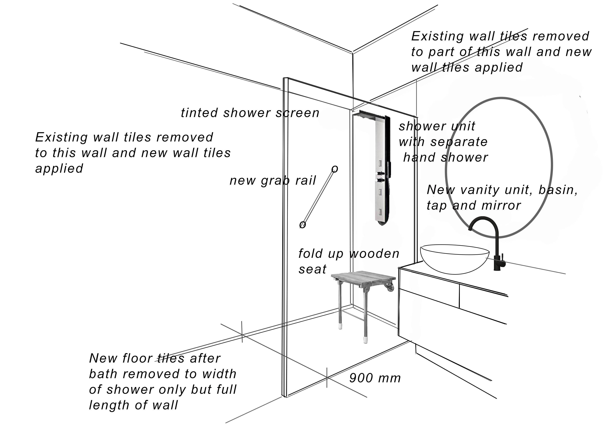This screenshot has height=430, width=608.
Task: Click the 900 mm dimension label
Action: click(375, 378)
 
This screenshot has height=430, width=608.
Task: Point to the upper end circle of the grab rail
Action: click(335, 169)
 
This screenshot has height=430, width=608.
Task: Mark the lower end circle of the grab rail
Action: click(302, 225)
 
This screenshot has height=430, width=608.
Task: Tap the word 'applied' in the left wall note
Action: click(59, 169)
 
